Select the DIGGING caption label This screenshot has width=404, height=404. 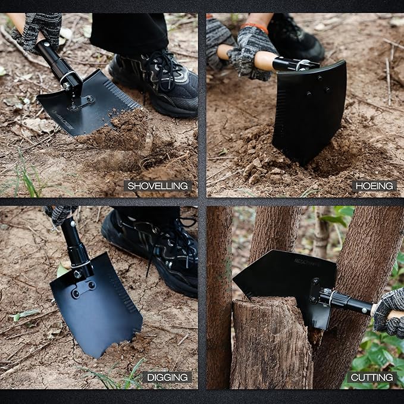167,377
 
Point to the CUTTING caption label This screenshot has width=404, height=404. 371,377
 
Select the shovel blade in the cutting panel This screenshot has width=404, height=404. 280,280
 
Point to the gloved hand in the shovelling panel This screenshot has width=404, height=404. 39,30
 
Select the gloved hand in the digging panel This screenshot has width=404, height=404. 59,214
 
